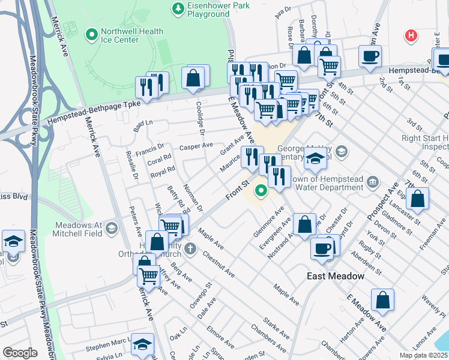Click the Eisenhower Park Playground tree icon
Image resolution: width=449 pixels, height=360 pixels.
pyautogui.click(x=177, y=8)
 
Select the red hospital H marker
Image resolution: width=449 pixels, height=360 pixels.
pyautogui.click(x=411, y=36)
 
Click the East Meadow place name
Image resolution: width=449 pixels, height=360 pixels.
pyautogui.click(x=336, y=276)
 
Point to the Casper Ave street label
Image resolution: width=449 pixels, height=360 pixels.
pyautogui.click(x=196, y=146)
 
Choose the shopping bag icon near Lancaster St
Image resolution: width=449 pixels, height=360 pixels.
pyautogui.click(x=418, y=199)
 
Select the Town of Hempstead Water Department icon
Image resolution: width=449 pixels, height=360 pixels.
pyautogui.click(x=372, y=181)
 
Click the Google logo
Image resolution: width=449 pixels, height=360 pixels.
pyautogui.click(x=20, y=353)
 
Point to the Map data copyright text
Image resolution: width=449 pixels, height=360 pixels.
pyautogui.click(x=424, y=355)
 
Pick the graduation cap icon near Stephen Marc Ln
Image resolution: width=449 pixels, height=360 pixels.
pyautogui.click(x=142, y=344)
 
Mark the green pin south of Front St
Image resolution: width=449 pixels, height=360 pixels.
pyautogui.click(x=261, y=191)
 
